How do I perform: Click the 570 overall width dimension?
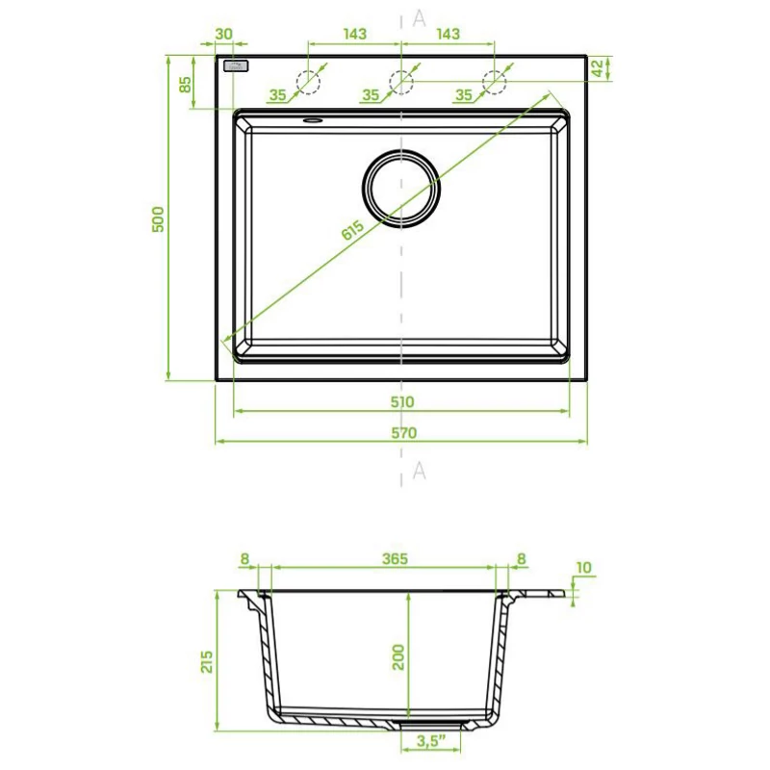[x=403, y=432]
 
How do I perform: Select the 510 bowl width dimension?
[x=402, y=401]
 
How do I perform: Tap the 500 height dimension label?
[x=158, y=219]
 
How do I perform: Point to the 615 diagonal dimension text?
[x=352, y=229]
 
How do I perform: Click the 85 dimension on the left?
[x=185, y=84]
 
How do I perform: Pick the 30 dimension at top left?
[x=223, y=34]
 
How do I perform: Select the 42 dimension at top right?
[x=597, y=68]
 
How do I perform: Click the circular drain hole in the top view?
[x=401, y=189]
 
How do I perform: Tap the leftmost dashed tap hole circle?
[x=308, y=82]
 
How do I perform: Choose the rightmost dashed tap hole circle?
[x=494, y=82]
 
